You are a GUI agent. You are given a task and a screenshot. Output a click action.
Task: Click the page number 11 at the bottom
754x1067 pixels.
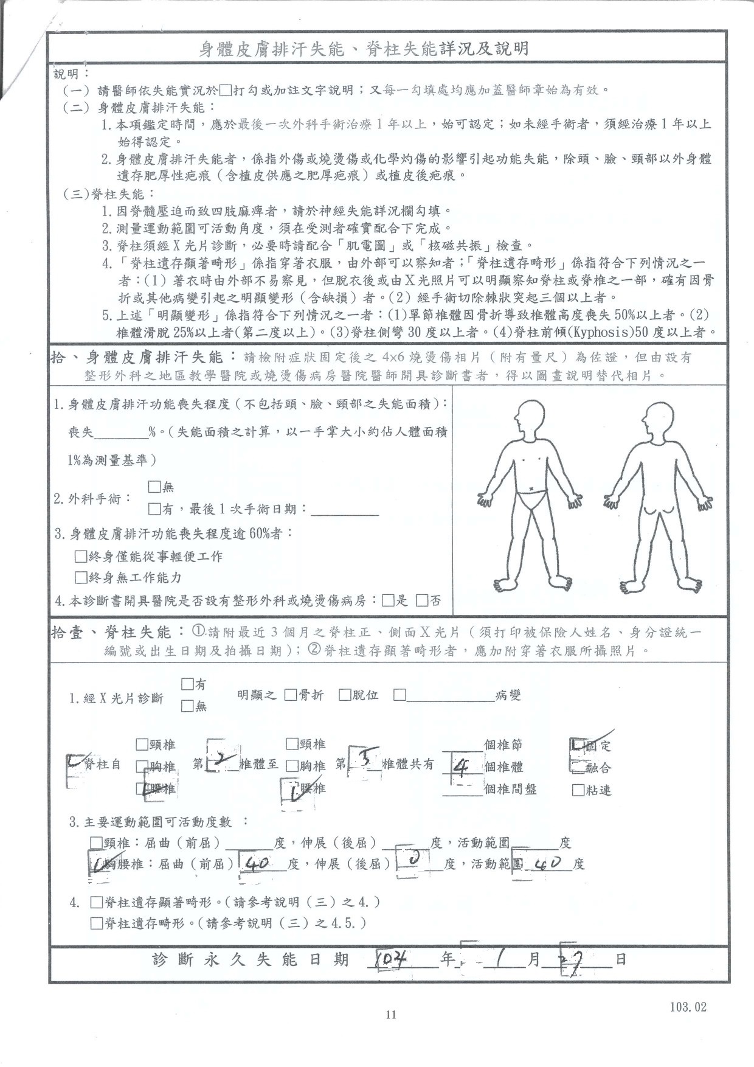coord(391,1014)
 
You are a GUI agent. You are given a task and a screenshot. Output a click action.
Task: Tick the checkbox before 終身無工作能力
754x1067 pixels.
coord(80,577)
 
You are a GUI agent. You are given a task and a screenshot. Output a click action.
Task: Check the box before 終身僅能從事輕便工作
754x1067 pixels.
coord(80,556)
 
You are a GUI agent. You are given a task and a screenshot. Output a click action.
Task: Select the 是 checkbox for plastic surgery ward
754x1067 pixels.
coord(388,601)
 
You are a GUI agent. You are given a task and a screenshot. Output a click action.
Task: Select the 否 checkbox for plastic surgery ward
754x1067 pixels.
coord(422,601)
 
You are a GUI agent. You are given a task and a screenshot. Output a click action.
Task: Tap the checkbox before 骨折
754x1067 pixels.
coord(290,695)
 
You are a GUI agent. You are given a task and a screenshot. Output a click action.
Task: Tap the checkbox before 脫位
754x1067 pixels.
coord(345,695)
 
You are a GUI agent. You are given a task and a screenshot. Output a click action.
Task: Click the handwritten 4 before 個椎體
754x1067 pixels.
coord(461,768)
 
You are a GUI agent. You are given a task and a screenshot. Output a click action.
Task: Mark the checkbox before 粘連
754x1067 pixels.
coord(578,790)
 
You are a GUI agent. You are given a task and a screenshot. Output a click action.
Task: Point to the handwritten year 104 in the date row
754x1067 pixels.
coord(392,959)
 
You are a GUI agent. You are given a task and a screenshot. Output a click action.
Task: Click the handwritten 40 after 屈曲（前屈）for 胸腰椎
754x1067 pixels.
coord(260,863)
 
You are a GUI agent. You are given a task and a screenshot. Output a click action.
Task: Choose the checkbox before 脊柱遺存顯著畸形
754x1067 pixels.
coord(96,902)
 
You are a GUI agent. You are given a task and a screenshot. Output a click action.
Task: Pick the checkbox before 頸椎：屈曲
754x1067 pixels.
coord(96,843)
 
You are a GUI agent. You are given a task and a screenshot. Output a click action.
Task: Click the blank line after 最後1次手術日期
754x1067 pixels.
coord(345,510)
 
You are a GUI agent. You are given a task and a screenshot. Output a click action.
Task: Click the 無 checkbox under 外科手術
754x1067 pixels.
coord(154,487)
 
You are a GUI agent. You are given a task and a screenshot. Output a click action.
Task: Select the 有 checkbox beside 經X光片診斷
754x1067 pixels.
coord(187,684)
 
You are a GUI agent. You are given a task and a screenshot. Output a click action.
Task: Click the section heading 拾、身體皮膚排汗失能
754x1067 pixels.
coord(143,358)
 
